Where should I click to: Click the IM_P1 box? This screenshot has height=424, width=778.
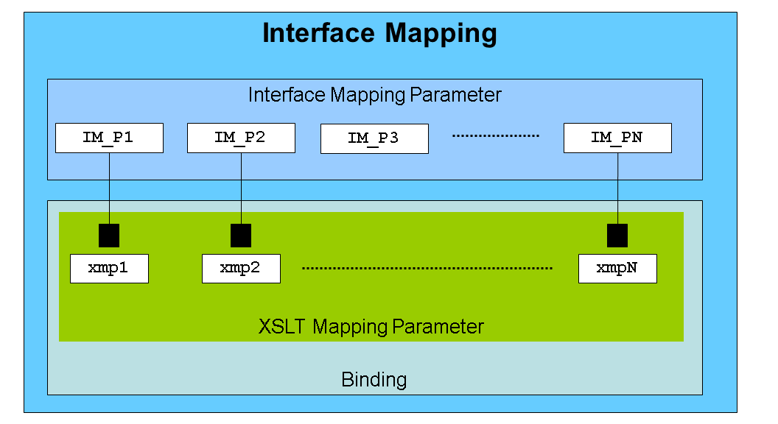coord(109,138)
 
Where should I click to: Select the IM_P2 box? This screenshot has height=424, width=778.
coord(241,138)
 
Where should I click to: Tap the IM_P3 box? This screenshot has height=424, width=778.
coord(374,139)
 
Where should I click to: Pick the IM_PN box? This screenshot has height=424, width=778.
coord(617,138)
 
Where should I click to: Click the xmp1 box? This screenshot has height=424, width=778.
coord(109,269)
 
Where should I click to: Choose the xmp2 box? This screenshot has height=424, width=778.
coord(241,269)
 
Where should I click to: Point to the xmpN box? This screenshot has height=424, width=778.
coord(617,269)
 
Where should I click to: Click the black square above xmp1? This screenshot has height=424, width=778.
coord(109,236)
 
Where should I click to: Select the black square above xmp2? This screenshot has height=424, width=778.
coord(241,236)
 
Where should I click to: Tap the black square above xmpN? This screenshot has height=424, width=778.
coord(617,236)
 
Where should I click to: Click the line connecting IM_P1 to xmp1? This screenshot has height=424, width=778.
coord(109,188)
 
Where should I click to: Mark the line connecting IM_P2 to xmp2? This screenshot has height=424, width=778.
coord(241,188)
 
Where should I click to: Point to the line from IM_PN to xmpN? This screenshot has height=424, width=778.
coord(617,188)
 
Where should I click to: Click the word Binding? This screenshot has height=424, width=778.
coord(374,381)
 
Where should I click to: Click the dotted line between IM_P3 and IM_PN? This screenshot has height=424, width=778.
coord(495,136)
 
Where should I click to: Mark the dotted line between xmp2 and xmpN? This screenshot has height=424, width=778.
coord(427,269)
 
